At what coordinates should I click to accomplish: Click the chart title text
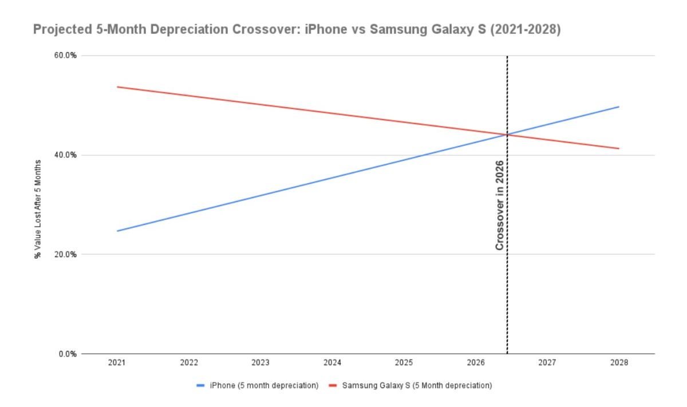coord(297,30)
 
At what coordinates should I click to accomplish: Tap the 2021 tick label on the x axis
coord(117,363)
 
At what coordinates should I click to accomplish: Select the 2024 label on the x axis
coord(332,363)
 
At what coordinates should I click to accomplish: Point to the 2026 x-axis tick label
coord(475,363)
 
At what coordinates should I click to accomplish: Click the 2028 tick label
coord(618,363)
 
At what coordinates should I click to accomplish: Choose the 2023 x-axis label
coord(260,363)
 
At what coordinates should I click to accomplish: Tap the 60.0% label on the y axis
coord(66,56)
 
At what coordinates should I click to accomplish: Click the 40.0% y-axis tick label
coord(66,155)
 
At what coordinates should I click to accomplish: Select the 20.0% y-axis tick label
coord(66,255)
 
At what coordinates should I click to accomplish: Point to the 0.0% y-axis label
coord(68,354)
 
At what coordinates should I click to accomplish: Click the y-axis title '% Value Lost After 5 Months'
coord(38,205)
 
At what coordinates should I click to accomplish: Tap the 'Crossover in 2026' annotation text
coord(499,204)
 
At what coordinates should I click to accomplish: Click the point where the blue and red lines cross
coord(507,135)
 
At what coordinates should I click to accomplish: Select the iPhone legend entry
coord(257,386)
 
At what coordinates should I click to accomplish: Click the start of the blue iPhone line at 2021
coord(117,231)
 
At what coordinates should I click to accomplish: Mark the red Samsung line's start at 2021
coord(117,87)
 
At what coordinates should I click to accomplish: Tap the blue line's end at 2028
coord(619,107)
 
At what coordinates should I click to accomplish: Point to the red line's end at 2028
coord(619,149)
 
